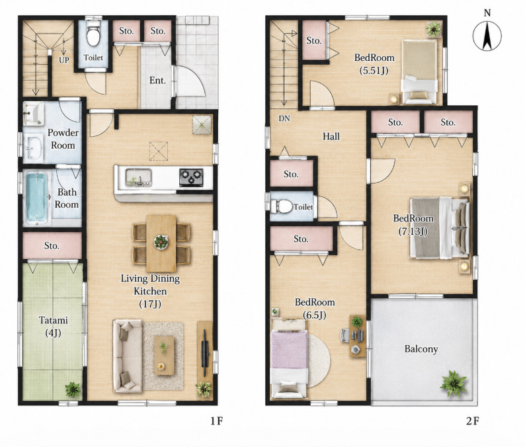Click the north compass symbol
(x=487, y=34)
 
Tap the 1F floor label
(x=217, y=421)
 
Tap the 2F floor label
(x=472, y=421)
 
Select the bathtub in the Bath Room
(x=36, y=198)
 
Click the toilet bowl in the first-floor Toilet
(x=93, y=34)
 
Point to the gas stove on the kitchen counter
(x=191, y=177)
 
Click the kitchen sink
(x=139, y=177)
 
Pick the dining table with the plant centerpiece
(x=161, y=243)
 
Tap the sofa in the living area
(x=127, y=356)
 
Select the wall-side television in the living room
(x=205, y=352)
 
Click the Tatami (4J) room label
(x=54, y=327)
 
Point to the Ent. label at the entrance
(x=158, y=81)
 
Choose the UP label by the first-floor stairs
(x=64, y=60)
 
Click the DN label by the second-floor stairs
(x=284, y=118)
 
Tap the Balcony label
(x=421, y=349)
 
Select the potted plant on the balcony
(x=454, y=384)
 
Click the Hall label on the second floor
(x=331, y=136)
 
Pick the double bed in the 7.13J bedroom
(x=439, y=227)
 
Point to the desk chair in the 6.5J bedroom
(x=345, y=335)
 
